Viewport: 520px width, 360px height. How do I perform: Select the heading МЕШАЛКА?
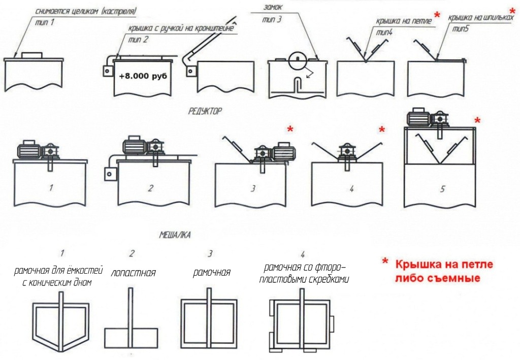tap(175, 235)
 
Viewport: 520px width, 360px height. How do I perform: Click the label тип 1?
tap(44, 23)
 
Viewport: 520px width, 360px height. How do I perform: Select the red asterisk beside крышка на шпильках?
tap(512, 11)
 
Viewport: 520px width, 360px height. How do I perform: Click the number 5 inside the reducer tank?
tap(442, 189)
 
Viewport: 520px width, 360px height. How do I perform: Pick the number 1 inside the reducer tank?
tap(51, 188)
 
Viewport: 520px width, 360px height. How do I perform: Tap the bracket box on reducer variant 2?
tap(109, 174)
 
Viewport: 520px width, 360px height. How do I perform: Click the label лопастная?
tap(133, 273)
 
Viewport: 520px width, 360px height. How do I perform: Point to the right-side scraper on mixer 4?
tap(333, 323)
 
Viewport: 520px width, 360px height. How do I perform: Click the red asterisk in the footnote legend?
tap(385, 261)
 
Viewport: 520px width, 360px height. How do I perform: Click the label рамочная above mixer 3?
tap(211, 273)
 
